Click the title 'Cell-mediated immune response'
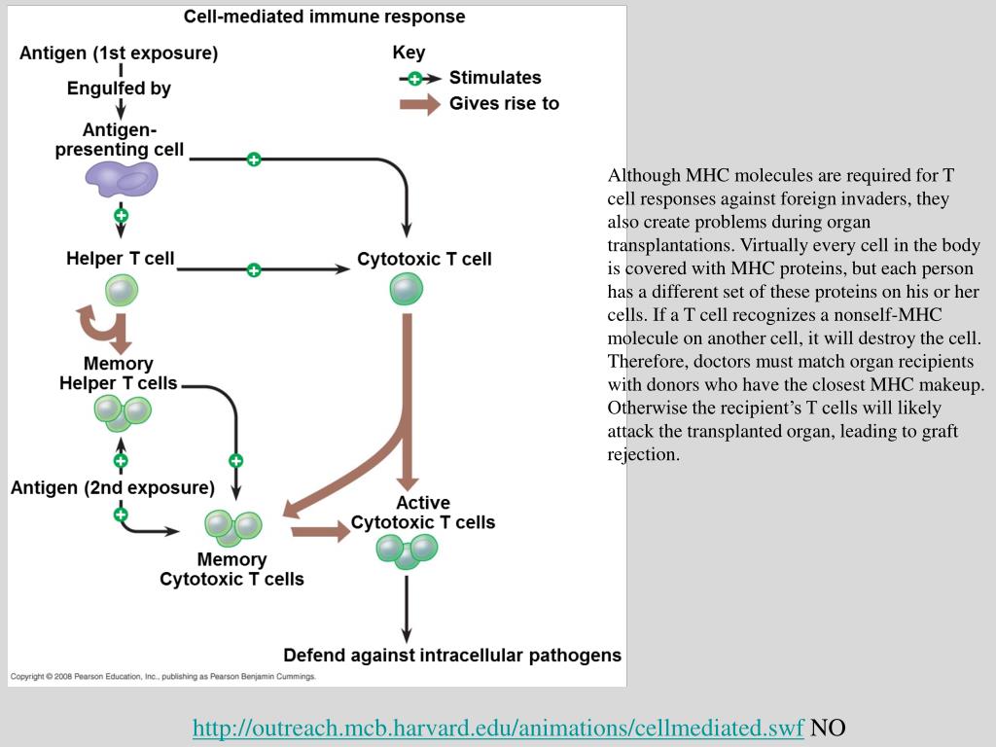coord(324,17)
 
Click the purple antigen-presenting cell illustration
coord(122,179)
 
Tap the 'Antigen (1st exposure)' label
coord(119,53)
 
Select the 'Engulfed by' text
coord(119,89)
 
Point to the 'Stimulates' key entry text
coord(495,78)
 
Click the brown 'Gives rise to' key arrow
coord(420,104)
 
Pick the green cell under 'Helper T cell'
coord(122,290)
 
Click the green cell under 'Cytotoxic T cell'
coord(407,289)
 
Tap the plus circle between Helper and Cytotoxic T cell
coord(254,270)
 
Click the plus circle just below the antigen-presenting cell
coord(121,215)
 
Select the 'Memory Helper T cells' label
coord(118,373)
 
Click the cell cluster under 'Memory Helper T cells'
coord(123,411)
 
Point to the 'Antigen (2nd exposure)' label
coord(113,488)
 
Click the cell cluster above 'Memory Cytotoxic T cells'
coord(233,527)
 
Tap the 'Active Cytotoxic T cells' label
coord(423,513)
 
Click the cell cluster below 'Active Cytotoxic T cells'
coord(408,551)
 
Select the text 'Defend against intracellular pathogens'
coord(452,656)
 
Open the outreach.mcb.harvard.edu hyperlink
coord(499,728)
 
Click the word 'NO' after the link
coord(828,728)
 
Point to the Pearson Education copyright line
coord(162,677)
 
